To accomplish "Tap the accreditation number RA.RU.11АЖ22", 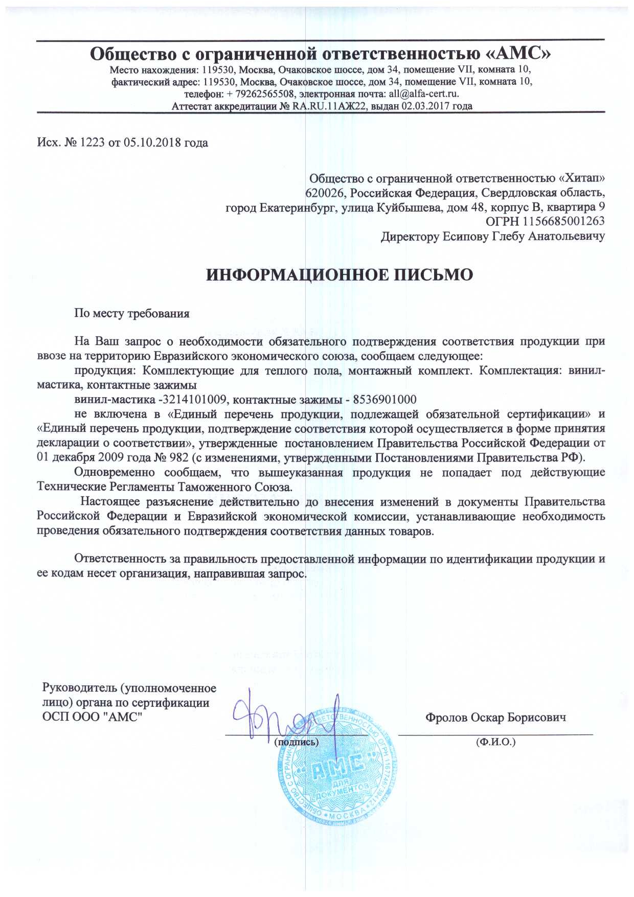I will coord(330,106).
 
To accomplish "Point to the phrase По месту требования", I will coord(132,313).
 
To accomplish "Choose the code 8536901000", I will coord(384,399).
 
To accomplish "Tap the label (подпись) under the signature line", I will coord(297,742).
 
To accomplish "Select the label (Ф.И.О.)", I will coord(495,742).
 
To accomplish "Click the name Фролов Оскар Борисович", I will coord(495,718).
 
